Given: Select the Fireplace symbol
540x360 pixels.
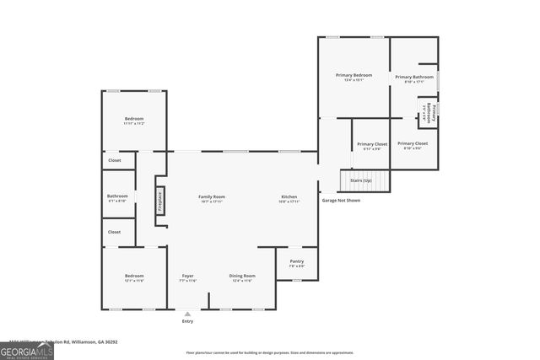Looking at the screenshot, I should pyautogui.click(x=159, y=202).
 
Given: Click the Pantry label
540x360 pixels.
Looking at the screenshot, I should pyautogui.click(x=296, y=263).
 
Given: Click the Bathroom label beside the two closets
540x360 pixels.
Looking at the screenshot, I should pyautogui.click(x=117, y=198).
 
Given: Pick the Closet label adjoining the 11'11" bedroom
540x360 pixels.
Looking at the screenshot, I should pyautogui.click(x=115, y=160).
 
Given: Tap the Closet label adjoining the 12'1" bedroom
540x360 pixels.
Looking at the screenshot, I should pyautogui.click(x=115, y=232).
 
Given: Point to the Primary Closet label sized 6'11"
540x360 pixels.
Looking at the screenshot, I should pyautogui.click(x=371, y=146).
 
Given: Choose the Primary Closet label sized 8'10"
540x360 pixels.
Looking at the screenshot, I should pyautogui.click(x=413, y=146).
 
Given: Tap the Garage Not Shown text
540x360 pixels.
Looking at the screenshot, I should pyautogui.click(x=341, y=201).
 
